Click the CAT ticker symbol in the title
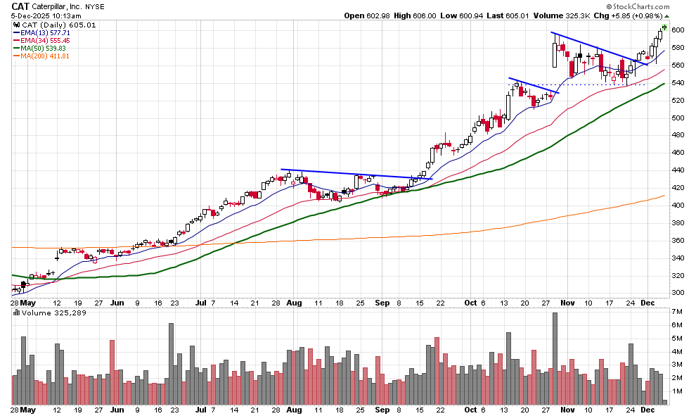(20, 6)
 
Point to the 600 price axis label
(678, 30)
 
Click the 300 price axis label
(678, 293)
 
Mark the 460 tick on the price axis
(678, 153)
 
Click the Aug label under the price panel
(295, 303)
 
